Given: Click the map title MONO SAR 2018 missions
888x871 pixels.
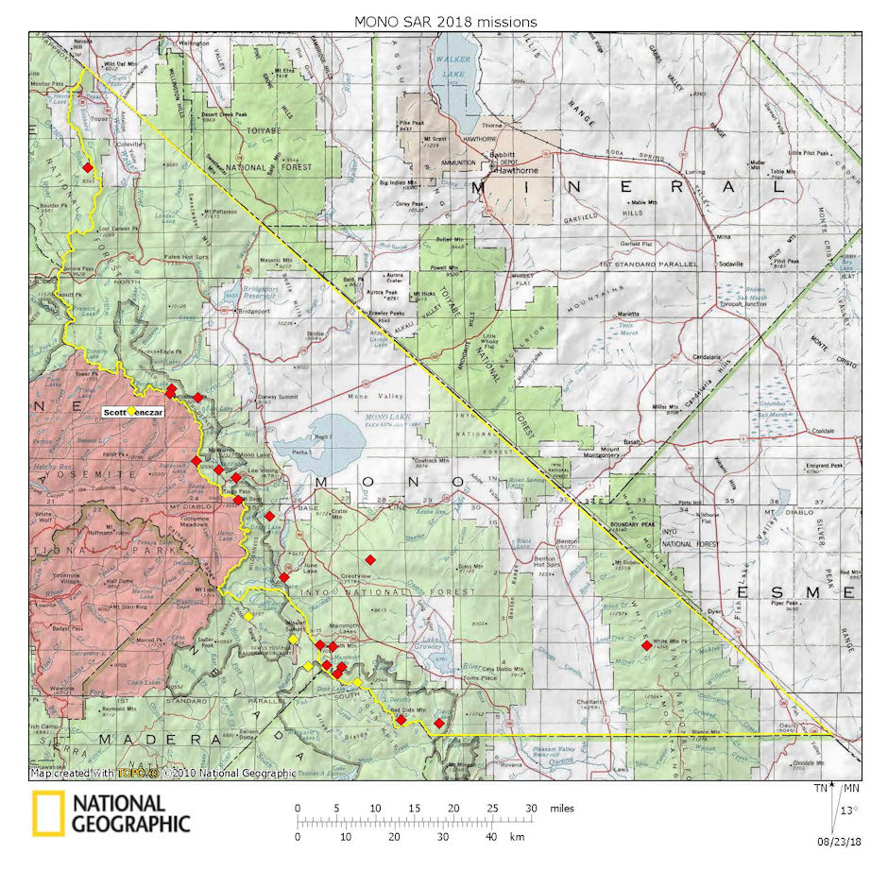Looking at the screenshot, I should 445,20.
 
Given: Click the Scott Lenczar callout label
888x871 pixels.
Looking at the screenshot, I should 132,412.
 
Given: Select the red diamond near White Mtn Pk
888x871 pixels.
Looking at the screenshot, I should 646,646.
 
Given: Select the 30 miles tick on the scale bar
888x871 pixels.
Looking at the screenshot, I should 532,809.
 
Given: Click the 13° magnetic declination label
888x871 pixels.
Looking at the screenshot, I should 851,809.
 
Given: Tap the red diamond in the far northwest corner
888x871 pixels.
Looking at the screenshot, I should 88,167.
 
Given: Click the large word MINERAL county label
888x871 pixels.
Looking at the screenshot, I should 629,188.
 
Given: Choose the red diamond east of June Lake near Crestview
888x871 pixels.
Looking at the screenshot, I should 371,559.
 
